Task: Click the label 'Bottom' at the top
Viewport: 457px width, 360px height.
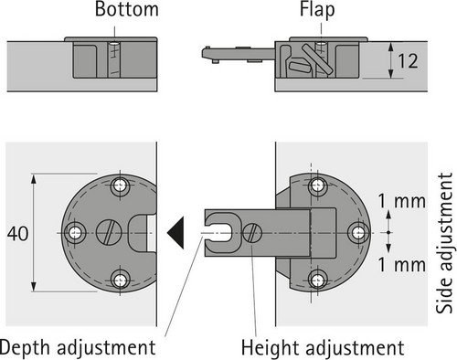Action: pos(126,9)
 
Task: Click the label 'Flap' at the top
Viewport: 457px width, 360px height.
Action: pos(317,10)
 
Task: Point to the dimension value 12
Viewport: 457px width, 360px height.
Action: pos(408,61)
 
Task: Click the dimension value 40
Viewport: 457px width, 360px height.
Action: pos(18,234)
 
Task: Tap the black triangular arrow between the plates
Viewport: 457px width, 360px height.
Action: pos(176,233)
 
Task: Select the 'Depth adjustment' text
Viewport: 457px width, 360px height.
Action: pos(78,348)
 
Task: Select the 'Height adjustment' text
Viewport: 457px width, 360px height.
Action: pos(323,348)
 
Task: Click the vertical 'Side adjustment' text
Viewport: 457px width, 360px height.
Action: pos(444,243)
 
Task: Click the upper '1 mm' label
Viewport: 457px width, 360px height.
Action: pos(402,201)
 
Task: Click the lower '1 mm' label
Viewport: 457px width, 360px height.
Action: pos(402,265)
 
